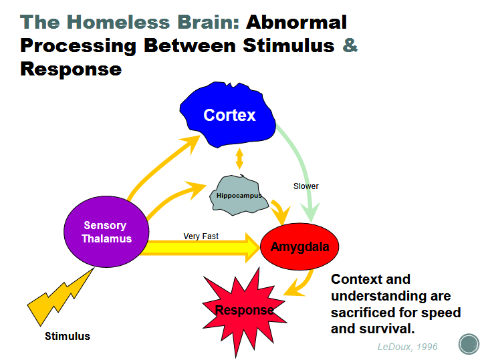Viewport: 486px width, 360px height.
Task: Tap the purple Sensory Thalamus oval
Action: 104,232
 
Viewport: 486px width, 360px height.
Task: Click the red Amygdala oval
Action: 299,246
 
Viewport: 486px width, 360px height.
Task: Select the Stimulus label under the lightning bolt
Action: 67,336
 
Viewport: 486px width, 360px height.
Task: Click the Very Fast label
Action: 201,236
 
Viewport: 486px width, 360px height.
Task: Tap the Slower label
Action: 306,186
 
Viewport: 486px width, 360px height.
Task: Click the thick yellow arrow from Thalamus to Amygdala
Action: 201,248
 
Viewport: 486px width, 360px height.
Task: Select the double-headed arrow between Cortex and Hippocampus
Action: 239,159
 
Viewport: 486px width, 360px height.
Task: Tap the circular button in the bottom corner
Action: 468,345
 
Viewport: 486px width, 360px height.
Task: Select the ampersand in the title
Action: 350,45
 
